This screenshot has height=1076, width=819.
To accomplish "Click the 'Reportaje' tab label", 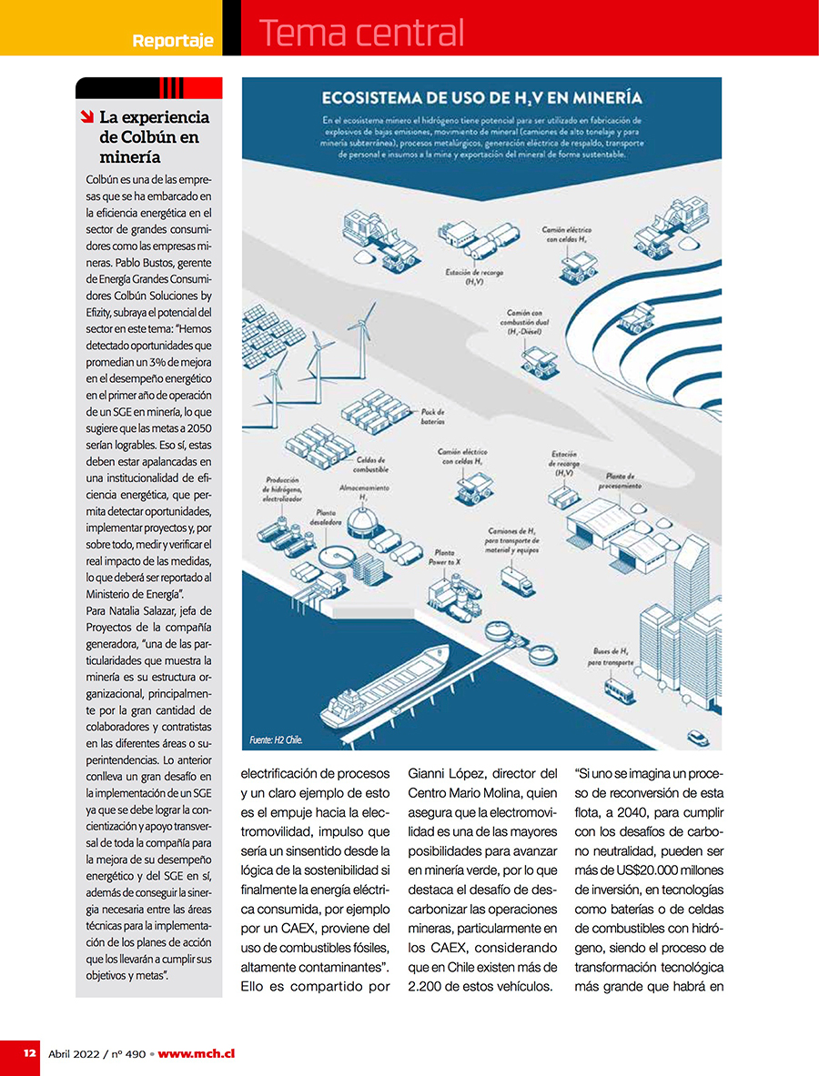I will [173, 41].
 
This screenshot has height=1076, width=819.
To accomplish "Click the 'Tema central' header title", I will [361, 33].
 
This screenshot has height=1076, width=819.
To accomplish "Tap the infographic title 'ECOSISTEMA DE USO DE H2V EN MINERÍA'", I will [481, 98].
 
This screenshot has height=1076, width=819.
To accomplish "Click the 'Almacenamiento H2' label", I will [365, 492].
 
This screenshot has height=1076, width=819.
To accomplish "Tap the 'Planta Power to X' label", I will [444, 558].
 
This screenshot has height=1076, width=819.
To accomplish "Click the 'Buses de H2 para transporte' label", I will [610, 658].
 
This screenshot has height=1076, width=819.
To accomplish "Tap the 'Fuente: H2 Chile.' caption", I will [276, 739].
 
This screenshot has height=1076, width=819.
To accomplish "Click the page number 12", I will [30, 1053].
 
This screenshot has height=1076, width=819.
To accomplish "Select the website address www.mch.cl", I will [197, 1053].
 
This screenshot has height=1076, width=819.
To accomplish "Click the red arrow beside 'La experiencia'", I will [86, 116].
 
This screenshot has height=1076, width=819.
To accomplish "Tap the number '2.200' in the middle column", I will [427, 986].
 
